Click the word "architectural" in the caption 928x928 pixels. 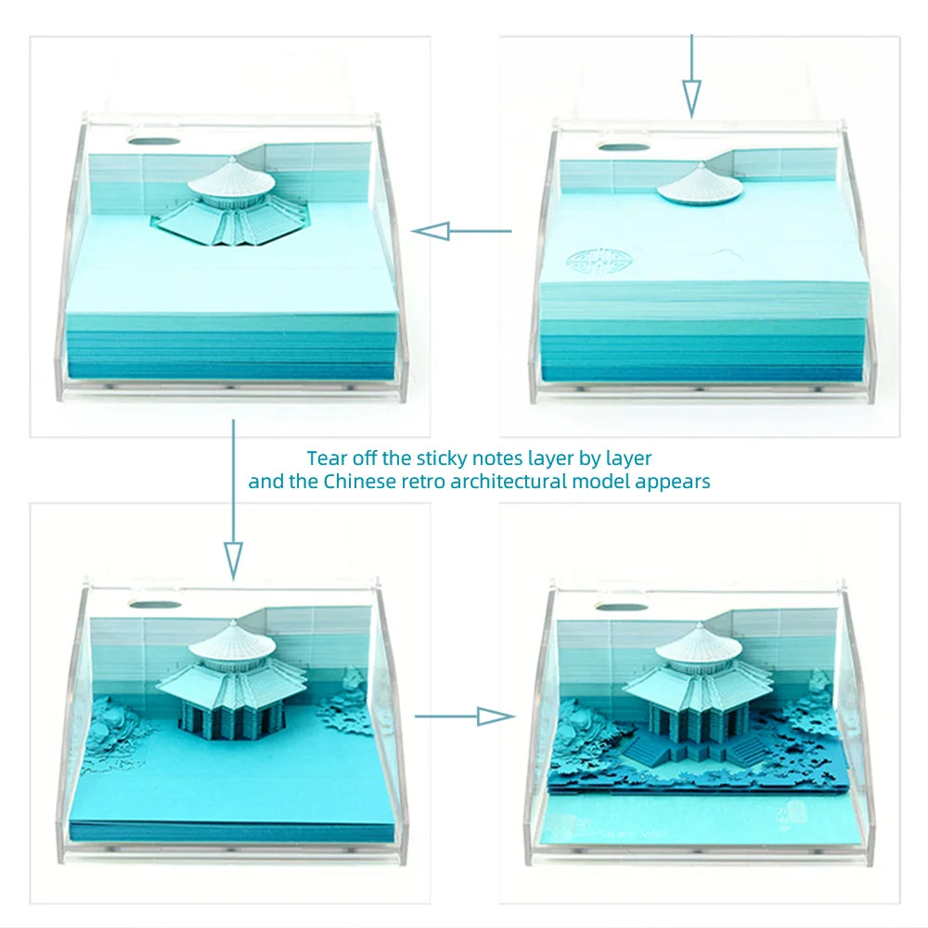click(509, 481)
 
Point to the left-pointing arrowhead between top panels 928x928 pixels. click(431, 231)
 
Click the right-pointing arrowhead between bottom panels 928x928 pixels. click(496, 716)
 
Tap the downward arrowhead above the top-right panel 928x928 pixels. click(691, 98)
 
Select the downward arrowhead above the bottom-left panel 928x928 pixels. click(234, 561)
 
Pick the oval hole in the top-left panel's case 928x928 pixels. click(153, 141)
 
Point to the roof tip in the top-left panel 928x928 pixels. click(232, 158)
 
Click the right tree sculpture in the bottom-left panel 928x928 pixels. click(347, 702)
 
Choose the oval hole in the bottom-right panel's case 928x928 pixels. click(620, 606)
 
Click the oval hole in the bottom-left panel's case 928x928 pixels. click(154, 604)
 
